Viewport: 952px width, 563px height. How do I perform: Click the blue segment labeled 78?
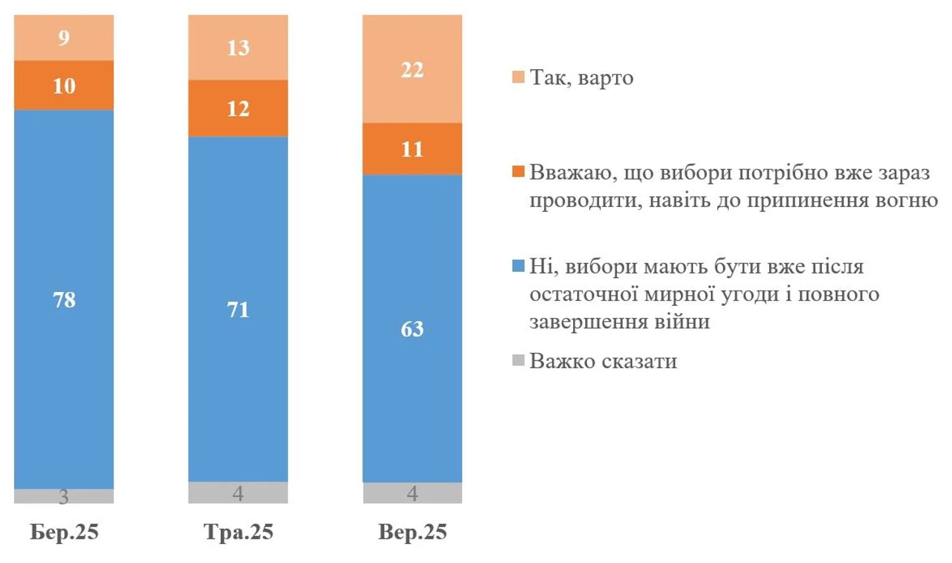[x=63, y=299]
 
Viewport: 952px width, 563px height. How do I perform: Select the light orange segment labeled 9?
[x=63, y=37]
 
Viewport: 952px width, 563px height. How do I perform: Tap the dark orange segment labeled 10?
[x=63, y=85]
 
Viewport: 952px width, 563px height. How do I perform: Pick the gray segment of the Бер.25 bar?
[x=63, y=496]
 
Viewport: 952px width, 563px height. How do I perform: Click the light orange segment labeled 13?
[x=238, y=47]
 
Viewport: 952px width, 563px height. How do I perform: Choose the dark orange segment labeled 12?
[x=238, y=108]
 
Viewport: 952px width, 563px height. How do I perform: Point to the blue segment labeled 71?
[x=238, y=309]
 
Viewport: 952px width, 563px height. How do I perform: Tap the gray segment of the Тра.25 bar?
[x=238, y=493]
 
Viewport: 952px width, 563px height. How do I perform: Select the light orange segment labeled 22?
[x=412, y=69]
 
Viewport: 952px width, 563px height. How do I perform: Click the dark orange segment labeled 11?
[x=412, y=149]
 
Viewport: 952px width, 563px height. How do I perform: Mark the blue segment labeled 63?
[x=412, y=328]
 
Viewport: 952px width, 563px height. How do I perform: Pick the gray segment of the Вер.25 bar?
[x=412, y=493]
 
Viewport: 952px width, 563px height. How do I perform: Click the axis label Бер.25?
[x=64, y=532]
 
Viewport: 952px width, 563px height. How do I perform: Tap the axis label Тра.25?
[x=238, y=532]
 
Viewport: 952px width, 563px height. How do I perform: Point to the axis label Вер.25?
[x=413, y=532]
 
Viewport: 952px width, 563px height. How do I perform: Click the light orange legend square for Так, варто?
[x=518, y=78]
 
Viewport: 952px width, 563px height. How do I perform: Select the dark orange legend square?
[x=518, y=172]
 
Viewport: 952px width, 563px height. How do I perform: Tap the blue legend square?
[x=518, y=266]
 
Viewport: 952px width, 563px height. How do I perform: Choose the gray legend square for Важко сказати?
[x=518, y=361]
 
